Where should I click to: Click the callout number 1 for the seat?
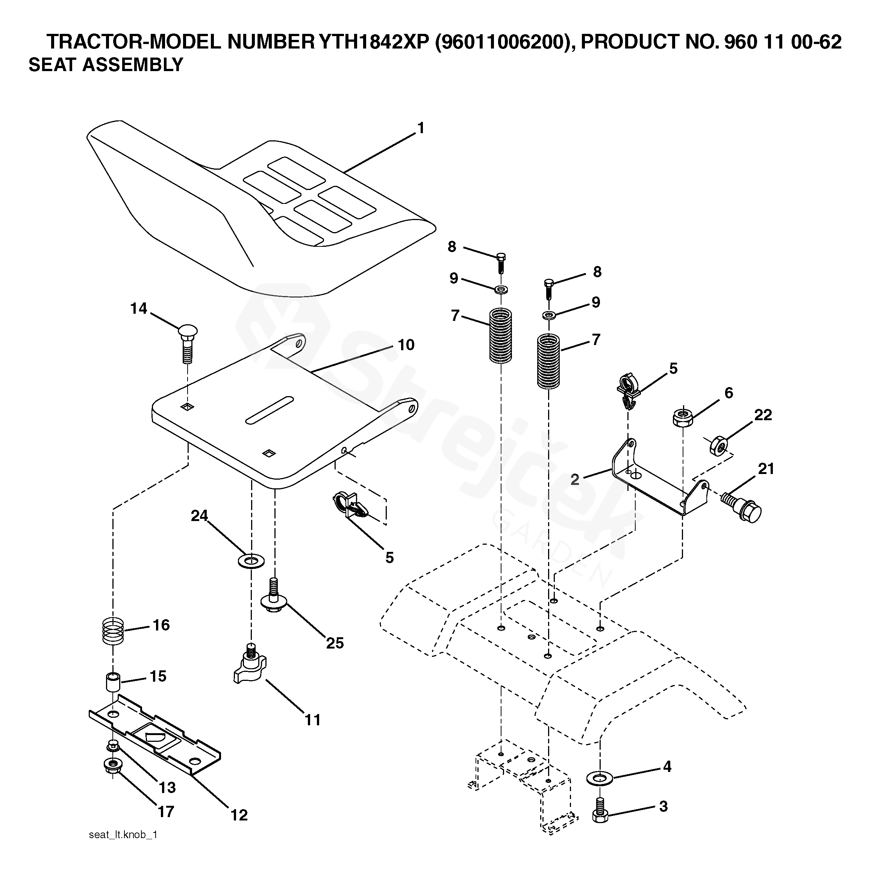click(421, 129)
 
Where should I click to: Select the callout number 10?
click(406, 345)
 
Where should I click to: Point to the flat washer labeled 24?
click(251, 560)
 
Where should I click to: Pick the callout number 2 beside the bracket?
click(575, 480)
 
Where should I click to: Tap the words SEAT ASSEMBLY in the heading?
click(106, 65)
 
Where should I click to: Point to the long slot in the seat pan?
click(270, 410)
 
